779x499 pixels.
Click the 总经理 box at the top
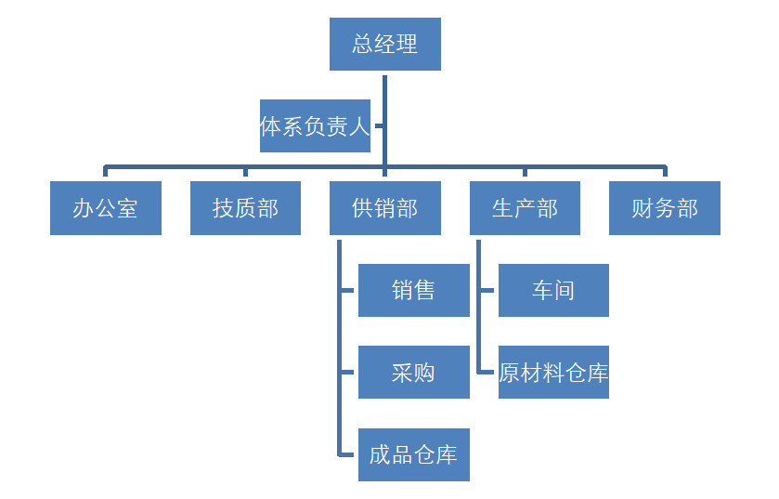[384, 44]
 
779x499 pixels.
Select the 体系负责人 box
[315, 125]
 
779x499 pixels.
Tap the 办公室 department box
[105, 208]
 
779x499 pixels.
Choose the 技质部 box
[245, 208]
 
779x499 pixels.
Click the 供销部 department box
[384, 208]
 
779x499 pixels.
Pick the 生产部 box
[525, 208]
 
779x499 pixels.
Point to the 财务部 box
[665, 208]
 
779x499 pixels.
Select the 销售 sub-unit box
[413, 290]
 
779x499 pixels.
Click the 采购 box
[413, 373]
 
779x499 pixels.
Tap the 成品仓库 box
[413, 454]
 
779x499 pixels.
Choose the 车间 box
[553, 290]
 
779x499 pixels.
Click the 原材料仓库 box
[553, 373]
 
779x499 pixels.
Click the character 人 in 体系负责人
[359, 126]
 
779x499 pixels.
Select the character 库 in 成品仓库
[447, 454]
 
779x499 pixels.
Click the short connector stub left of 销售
[348, 290]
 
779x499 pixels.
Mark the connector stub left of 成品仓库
[348, 454]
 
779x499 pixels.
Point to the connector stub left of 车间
[488, 290]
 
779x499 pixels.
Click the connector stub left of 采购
[348, 373]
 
